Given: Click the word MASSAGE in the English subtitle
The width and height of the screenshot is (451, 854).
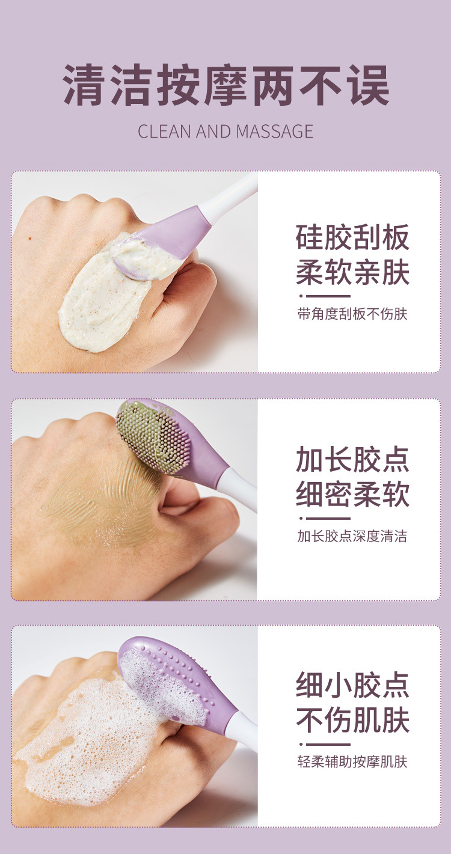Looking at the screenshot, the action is tap(274, 132).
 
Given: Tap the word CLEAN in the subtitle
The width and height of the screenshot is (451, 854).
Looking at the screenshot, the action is tap(164, 132).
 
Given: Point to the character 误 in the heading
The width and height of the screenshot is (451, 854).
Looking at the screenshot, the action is tap(369, 85).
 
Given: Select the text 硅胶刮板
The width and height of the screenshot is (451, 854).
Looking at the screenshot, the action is tap(352, 237).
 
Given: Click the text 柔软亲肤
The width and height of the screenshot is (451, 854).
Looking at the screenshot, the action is tap(352, 272).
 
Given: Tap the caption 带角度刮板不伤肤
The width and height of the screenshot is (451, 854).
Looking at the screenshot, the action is tap(352, 314).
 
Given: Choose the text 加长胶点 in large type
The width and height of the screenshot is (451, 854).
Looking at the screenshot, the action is tap(352, 459).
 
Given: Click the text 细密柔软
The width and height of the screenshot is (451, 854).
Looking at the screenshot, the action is tap(352, 494).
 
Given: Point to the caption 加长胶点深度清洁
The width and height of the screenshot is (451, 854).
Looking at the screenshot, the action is tap(352, 536).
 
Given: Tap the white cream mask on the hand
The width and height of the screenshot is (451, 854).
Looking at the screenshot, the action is tap(111, 290).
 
